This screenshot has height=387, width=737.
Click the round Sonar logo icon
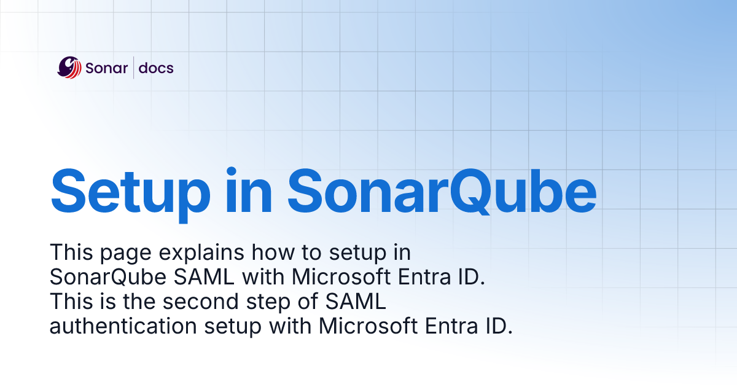point(69,68)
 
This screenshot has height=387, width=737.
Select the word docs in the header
point(156,68)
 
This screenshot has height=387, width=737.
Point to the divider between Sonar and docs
point(133,68)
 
